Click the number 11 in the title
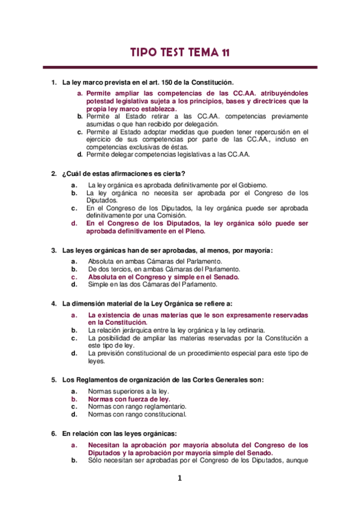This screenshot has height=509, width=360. (223, 53)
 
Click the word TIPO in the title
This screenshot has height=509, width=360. (146, 53)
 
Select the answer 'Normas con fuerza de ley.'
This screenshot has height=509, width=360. (129, 399)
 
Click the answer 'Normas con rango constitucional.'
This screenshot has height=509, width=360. (137, 414)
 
